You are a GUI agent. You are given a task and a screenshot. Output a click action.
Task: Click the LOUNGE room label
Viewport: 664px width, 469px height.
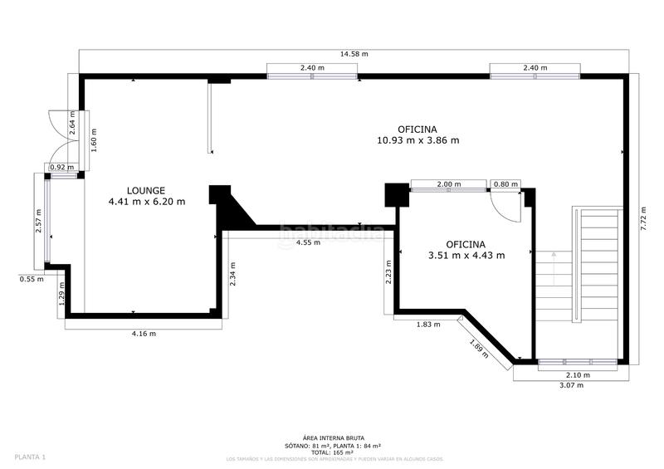coord(146,190)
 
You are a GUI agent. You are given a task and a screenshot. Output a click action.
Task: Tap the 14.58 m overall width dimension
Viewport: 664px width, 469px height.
coord(354,54)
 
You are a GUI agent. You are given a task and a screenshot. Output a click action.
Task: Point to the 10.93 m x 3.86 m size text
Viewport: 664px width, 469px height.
coord(417,140)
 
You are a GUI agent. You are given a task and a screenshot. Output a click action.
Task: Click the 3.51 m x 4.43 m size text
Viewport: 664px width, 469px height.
coord(465,256)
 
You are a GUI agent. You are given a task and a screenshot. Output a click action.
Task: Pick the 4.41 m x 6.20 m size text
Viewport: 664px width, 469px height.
coord(146,202)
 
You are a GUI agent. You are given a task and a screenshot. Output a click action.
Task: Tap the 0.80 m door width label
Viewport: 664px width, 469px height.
coord(505,184)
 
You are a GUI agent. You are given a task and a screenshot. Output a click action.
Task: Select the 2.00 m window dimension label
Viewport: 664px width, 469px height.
coord(448,184)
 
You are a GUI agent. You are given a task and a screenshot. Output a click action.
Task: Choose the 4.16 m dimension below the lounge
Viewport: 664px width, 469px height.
coord(143,334)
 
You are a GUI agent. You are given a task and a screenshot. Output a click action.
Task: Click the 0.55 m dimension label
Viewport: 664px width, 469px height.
coord(32,279)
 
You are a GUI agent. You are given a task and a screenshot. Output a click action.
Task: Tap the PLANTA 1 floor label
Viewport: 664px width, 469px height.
coord(30,457)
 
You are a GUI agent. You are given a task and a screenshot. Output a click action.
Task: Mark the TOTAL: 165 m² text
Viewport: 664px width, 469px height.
coord(332,452)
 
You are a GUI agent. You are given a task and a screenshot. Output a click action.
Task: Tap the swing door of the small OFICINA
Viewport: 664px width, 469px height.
coord(503,206)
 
